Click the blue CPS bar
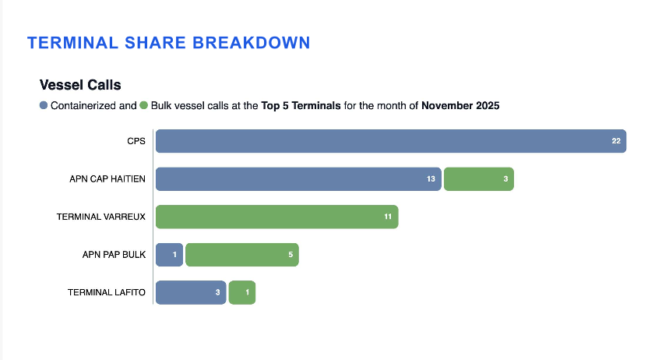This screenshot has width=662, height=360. [391, 141]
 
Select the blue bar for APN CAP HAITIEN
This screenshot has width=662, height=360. [298, 179]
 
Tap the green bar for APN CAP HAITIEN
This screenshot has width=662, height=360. [479, 179]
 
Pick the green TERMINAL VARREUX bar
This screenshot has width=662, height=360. [277, 217]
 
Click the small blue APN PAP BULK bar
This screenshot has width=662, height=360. [169, 255]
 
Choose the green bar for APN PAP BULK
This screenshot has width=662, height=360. [242, 255]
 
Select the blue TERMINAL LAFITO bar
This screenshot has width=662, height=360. [191, 292]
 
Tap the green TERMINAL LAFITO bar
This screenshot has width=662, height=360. [242, 292]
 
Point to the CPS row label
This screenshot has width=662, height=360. [136, 141]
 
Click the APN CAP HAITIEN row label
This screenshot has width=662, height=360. [107, 179]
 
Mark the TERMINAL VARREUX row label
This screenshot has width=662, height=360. [101, 217]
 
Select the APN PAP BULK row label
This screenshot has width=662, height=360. [114, 255]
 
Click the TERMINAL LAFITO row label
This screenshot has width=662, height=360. [107, 292]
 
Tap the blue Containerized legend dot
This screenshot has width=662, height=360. [44, 105]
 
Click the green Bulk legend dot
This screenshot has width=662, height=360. [143, 105]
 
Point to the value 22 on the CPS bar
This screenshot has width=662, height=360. [616, 141]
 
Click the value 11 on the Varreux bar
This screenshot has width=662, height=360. [388, 217]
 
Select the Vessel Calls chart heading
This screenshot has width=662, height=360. [80, 85]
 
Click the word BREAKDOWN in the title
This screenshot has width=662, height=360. [252, 43]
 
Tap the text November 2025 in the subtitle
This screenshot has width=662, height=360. [460, 106]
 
